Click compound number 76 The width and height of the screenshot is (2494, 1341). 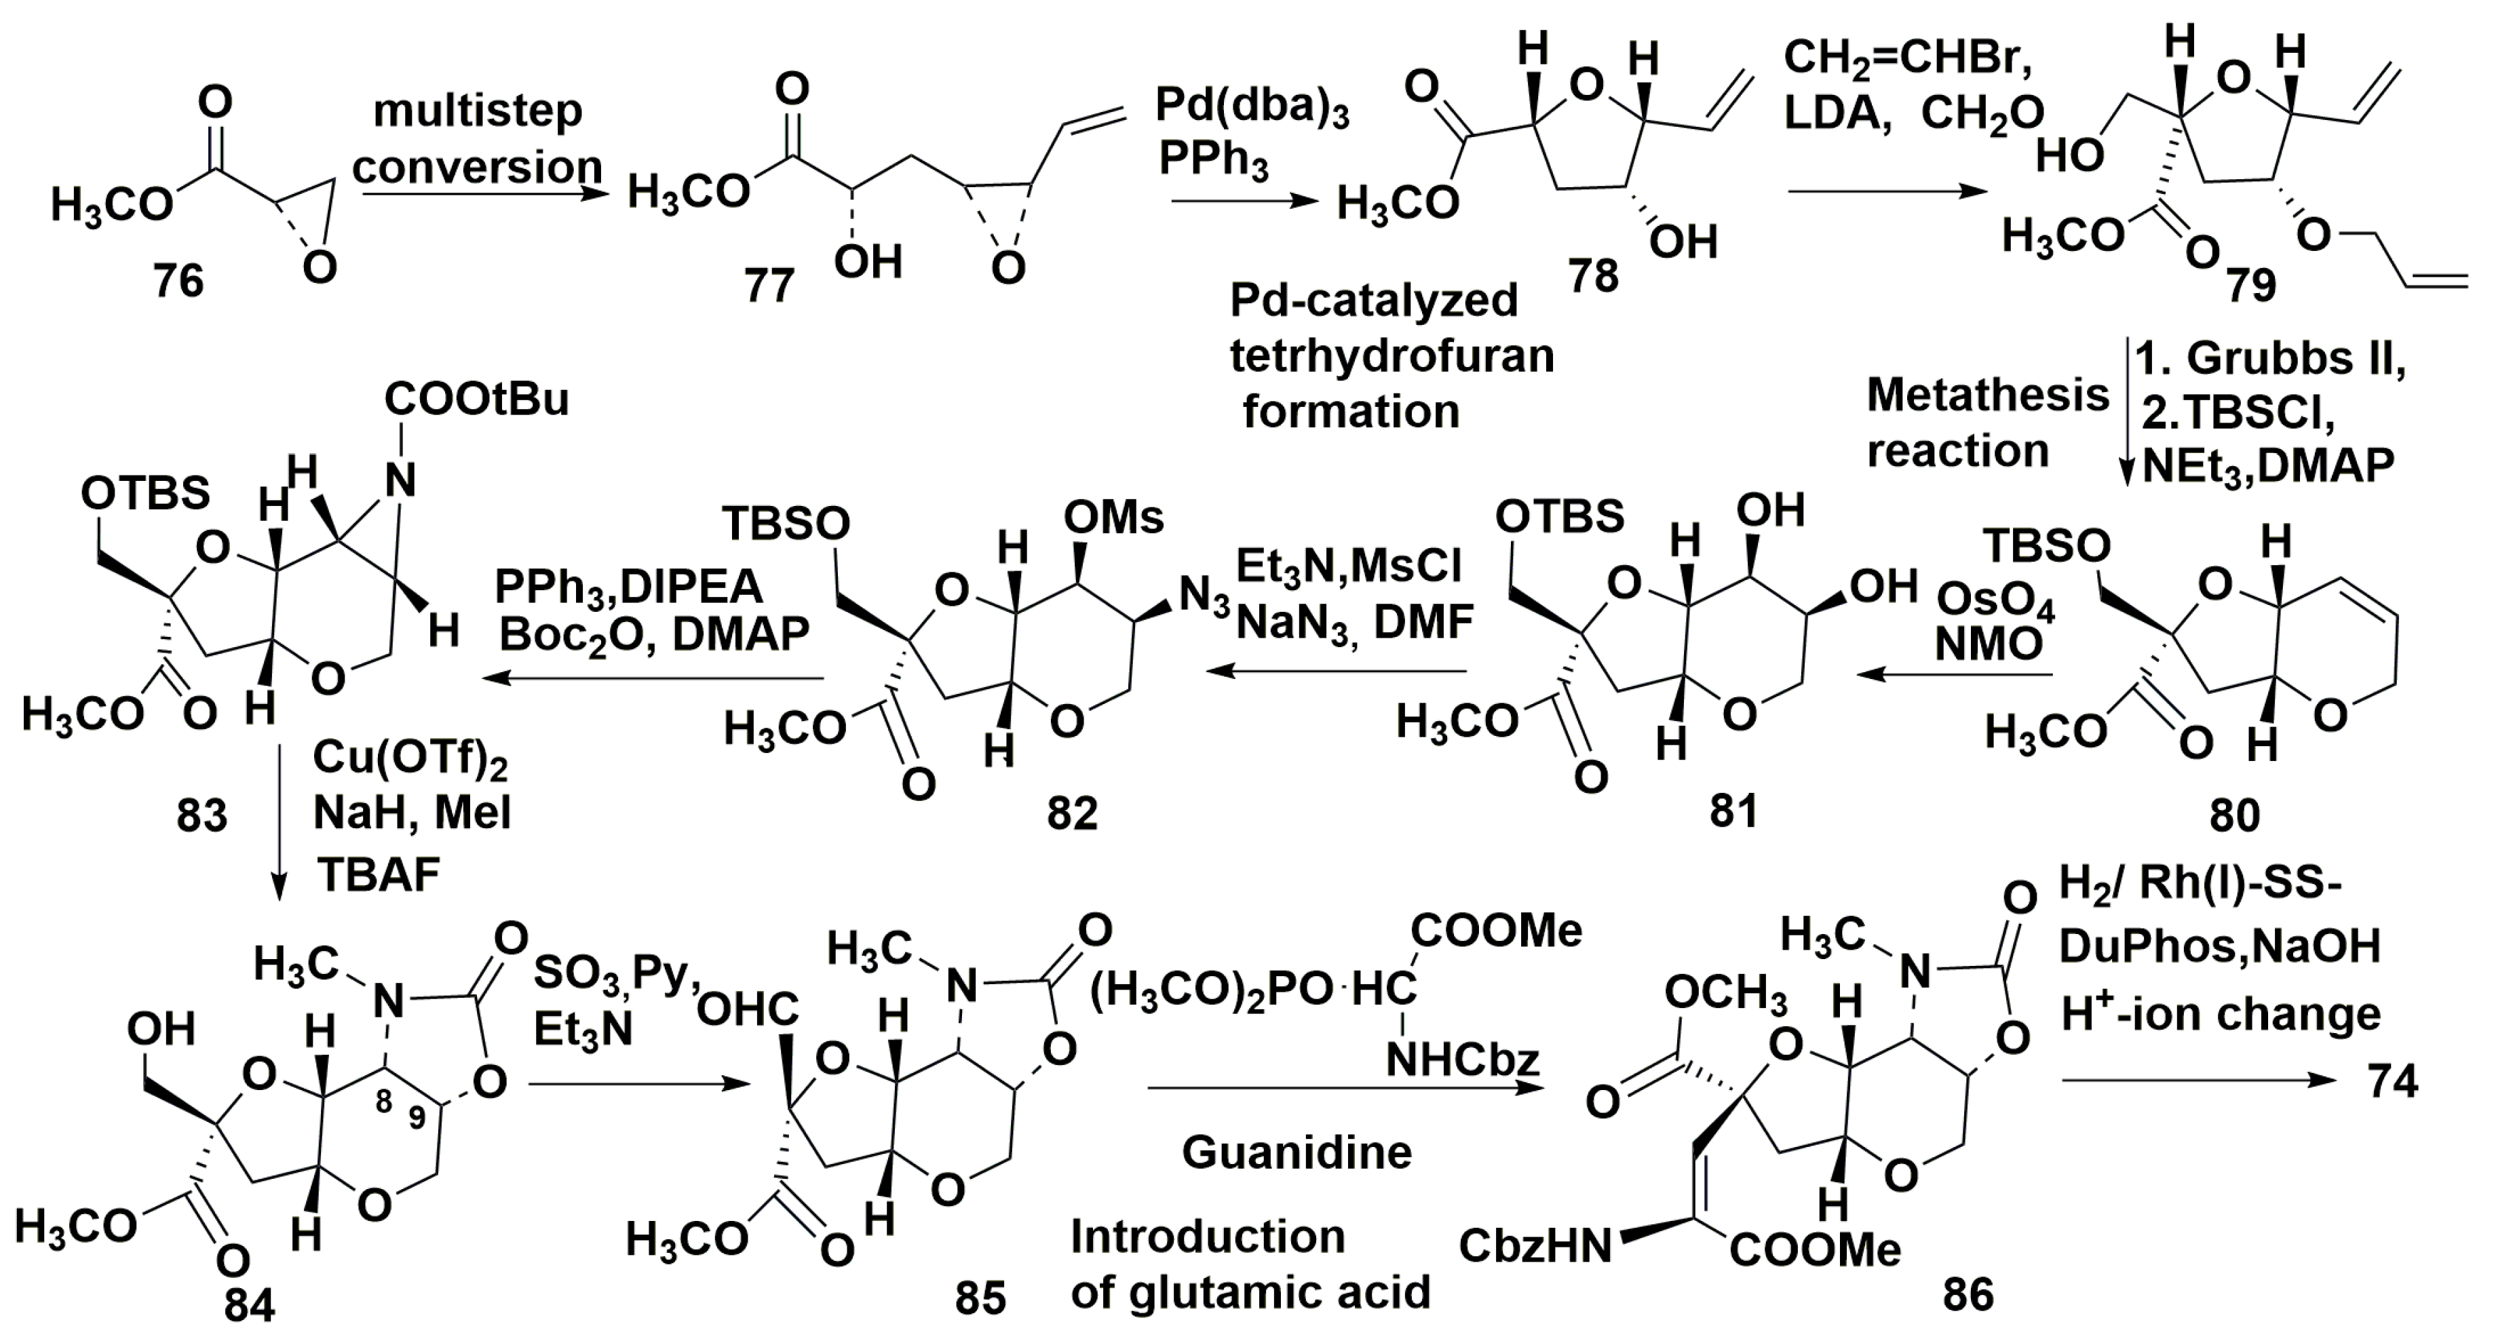pos(179,281)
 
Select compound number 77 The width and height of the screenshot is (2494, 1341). pos(769,287)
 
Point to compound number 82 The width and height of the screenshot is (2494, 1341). pos(1072,813)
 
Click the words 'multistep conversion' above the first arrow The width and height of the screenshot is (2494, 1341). pos(478,138)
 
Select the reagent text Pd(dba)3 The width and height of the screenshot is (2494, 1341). pos(1252,109)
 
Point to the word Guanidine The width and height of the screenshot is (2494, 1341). pos(1297,1152)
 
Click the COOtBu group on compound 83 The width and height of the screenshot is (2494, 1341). pos(476,399)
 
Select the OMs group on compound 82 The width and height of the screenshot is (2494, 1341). pos(1113,518)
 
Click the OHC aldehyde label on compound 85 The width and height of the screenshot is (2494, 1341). pos(748,1010)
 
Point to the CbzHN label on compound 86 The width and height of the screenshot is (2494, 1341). pos(1535,1245)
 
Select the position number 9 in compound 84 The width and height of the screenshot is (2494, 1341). pos(417,1117)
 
